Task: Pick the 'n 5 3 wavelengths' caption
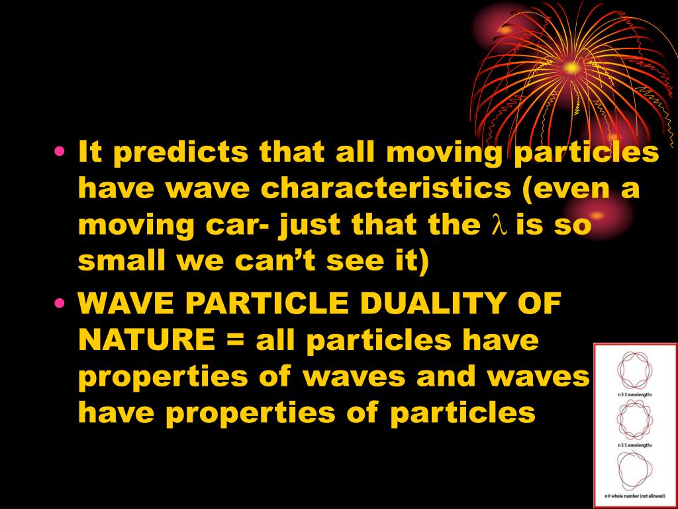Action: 634,394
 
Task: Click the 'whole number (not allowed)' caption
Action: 634,496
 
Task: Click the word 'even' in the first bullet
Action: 578,190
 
